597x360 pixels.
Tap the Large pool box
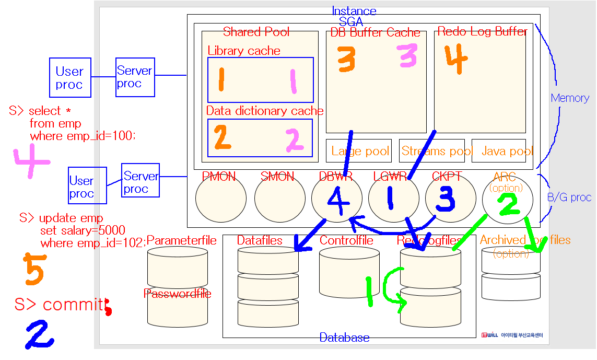coord(360,152)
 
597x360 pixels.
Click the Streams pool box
coord(431,152)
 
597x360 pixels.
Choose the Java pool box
coord(499,152)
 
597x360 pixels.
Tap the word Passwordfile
coord(177,294)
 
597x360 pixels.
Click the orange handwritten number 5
coord(34,269)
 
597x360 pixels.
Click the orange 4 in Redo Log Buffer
coord(455,61)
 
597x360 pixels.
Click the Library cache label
coord(243,51)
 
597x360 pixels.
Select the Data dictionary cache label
coord(264,111)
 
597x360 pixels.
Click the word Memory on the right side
coord(570,98)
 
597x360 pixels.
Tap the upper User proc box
coord(69,78)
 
